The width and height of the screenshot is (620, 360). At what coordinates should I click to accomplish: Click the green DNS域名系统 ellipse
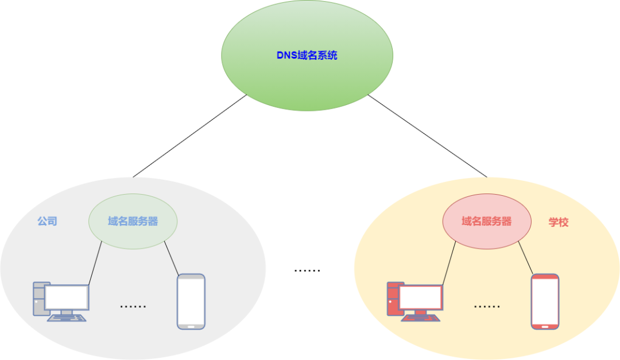click(307, 56)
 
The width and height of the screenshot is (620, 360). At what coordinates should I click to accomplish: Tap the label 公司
click(47, 221)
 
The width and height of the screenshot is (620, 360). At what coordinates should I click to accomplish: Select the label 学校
click(558, 222)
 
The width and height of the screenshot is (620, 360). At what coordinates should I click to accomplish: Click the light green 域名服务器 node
click(133, 221)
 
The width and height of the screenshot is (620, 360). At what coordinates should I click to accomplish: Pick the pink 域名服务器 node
click(486, 221)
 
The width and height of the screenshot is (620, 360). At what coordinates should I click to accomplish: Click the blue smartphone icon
click(191, 301)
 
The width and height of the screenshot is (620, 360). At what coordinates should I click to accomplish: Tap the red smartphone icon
click(545, 301)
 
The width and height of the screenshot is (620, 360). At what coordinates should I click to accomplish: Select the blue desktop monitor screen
click(67, 298)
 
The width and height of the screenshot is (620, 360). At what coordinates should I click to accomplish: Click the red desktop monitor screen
click(421, 298)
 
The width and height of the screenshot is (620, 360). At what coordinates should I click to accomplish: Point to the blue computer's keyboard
click(67, 318)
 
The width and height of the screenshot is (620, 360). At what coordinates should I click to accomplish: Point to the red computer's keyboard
click(421, 318)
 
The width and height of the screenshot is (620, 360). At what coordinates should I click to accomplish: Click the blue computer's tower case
click(38, 299)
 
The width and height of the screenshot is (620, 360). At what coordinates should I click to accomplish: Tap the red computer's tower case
click(393, 299)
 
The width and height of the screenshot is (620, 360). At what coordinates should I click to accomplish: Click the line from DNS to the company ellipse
click(189, 136)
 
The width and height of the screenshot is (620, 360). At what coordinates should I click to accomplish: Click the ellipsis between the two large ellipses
click(307, 270)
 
